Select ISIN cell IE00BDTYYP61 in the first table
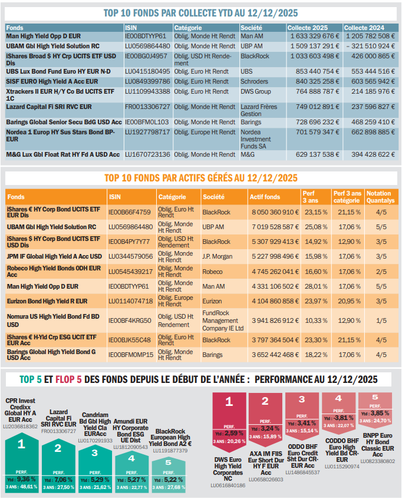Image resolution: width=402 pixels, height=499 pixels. click(146, 37)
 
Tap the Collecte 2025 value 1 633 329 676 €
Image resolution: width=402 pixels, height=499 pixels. click(313, 37)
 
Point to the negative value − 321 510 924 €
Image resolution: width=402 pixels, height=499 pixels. click(369, 45)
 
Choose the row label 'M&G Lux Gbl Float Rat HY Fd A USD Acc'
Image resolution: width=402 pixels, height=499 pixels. click(63, 155)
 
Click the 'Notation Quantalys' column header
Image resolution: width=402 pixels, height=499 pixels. click(378, 196)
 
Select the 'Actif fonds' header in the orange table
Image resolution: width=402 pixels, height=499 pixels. click(265, 197)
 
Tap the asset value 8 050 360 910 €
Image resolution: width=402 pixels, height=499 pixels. click(274, 212)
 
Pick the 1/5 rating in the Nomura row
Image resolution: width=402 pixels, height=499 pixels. click(380, 320)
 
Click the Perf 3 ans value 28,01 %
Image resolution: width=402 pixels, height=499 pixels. click(315, 286)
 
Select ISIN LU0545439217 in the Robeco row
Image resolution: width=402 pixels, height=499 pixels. click(130, 272)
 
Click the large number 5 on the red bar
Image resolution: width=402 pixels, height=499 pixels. click(375, 397)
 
